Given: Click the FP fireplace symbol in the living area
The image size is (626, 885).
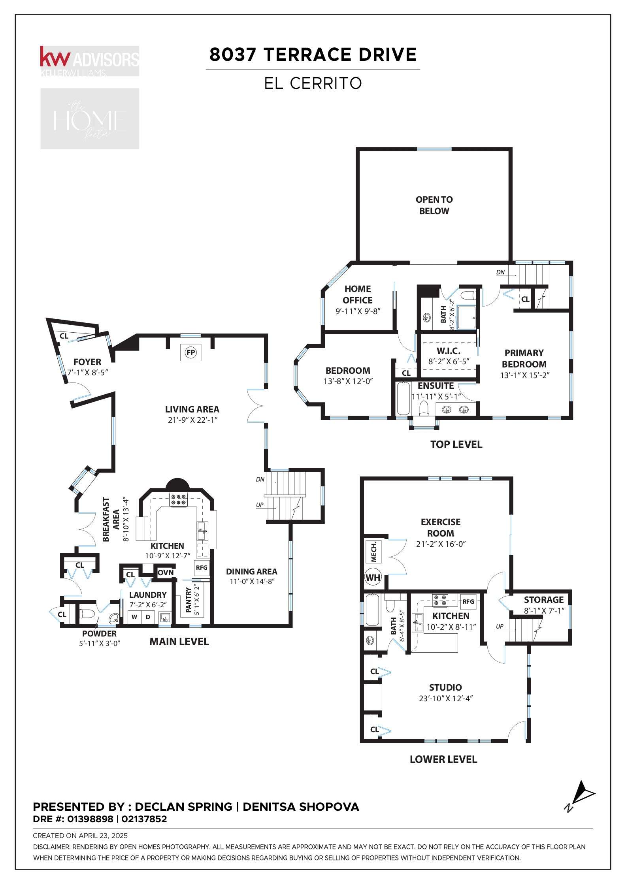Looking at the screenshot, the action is pos(191,352).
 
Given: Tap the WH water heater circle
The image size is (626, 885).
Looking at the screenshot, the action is pos(373,578).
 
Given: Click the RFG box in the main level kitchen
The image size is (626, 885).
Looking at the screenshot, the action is pos(202,568).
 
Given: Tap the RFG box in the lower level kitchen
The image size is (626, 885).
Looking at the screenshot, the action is pos(468,602).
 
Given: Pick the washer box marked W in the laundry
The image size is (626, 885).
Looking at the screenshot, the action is pos(134,617).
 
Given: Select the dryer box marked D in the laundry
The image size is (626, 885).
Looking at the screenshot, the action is pos(148,617).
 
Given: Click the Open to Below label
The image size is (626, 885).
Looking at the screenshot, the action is pos(434,205).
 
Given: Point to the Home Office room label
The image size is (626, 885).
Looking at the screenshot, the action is pos(358,294).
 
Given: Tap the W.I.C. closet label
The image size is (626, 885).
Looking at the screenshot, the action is pos(449,351).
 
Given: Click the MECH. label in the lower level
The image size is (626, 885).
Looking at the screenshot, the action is pos(374,552).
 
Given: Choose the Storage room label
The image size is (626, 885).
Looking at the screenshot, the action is pos(544,600).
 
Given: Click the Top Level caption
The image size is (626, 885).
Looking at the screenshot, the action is pos(456,444).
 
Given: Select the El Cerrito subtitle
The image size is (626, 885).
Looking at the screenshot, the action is pos(313,83).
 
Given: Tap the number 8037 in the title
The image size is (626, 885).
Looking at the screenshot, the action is pos(233,55).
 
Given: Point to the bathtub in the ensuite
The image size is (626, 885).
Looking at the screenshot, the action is pos(403,398).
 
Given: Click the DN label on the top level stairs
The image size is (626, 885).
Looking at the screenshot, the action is pos(500,272).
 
